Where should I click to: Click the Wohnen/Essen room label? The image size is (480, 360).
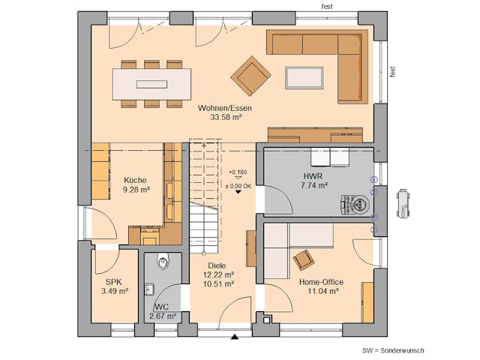pos(225,108)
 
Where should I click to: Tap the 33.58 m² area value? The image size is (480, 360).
pos(225,117)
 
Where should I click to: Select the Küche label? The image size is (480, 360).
pos(136,180)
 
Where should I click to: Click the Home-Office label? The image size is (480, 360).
pos(321,282)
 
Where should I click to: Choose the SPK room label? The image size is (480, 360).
pos(114,282)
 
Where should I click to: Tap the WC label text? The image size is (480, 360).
pos(162,307)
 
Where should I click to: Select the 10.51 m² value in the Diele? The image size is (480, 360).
pos(219,283)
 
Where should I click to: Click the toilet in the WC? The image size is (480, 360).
pos(163,262)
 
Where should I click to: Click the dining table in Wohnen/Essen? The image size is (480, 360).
pos(151,83)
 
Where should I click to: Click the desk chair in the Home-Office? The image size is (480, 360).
pos(304,259)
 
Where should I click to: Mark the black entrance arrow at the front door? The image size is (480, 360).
pos(235,337)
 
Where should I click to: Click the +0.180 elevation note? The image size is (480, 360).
pos(238,172)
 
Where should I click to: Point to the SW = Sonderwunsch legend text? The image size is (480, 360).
pos(394,349)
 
